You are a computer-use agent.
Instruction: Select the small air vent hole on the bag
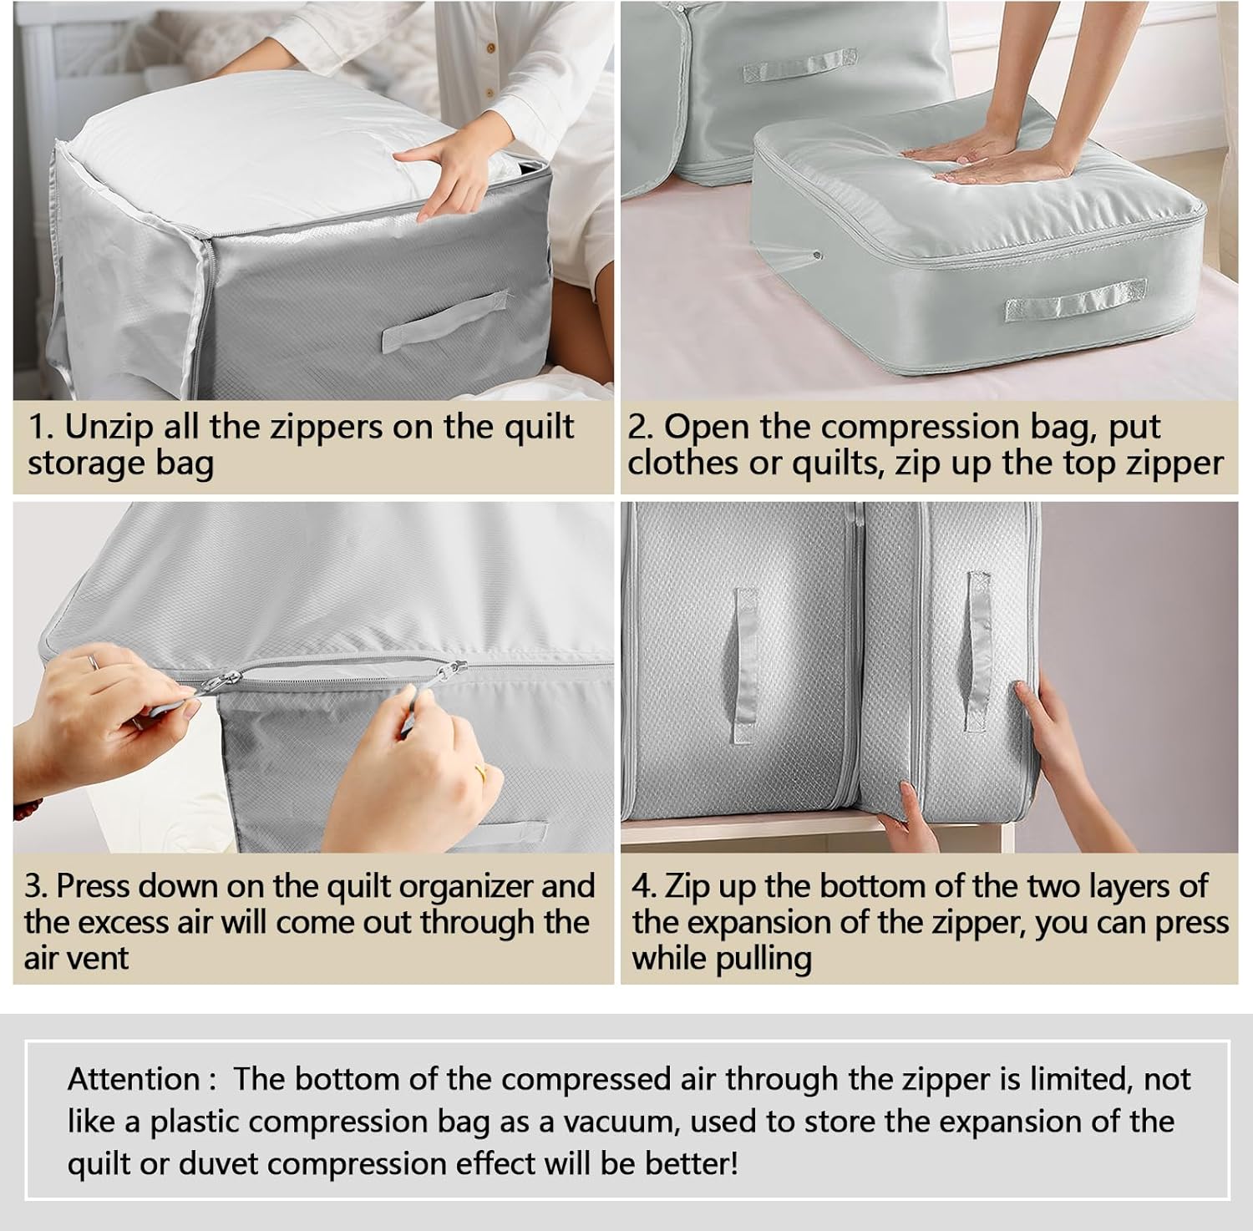click(816, 256)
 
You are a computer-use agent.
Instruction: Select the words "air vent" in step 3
click(76, 958)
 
